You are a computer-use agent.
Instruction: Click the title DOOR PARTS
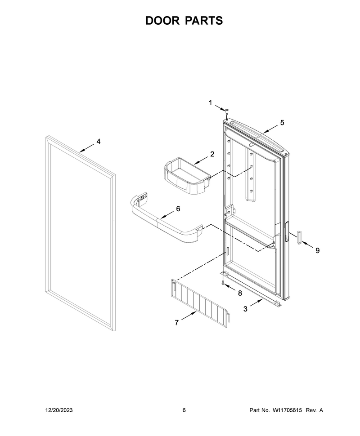tap(184, 21)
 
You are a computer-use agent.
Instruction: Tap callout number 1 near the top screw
tap(211, 103)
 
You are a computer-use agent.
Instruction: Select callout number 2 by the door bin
tap(212, 154)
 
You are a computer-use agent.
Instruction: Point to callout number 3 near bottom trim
tap(245, 309)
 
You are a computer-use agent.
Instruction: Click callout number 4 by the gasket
tap(99, 142)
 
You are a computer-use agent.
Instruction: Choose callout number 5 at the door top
tap(282, 123)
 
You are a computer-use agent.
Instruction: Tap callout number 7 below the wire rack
tap(176, 323)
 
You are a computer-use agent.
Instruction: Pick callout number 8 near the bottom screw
tap(240, 293)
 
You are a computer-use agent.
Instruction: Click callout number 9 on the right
tap(317, 250)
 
